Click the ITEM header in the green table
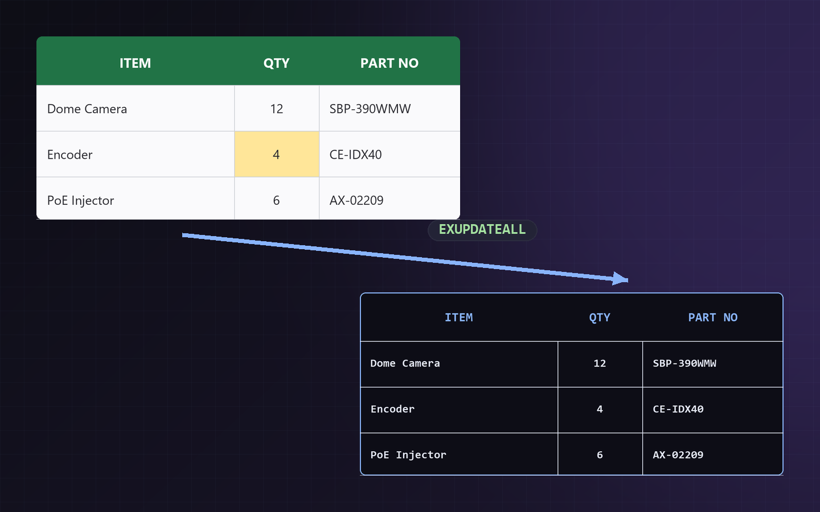135,63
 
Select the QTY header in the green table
276,63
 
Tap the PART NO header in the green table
389,63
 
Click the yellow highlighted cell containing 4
277,154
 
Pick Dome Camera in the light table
87,109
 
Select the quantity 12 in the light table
276,109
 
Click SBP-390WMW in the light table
370,109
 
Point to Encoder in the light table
70,155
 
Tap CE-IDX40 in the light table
355,155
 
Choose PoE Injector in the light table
80,201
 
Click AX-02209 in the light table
356,200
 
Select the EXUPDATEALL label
482,230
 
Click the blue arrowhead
621,279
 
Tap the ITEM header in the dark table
459,317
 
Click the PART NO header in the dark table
713,317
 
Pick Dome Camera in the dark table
405,364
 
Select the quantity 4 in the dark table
600,409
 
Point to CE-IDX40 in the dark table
678,409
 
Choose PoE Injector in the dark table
408,455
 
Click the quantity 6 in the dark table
600,455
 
